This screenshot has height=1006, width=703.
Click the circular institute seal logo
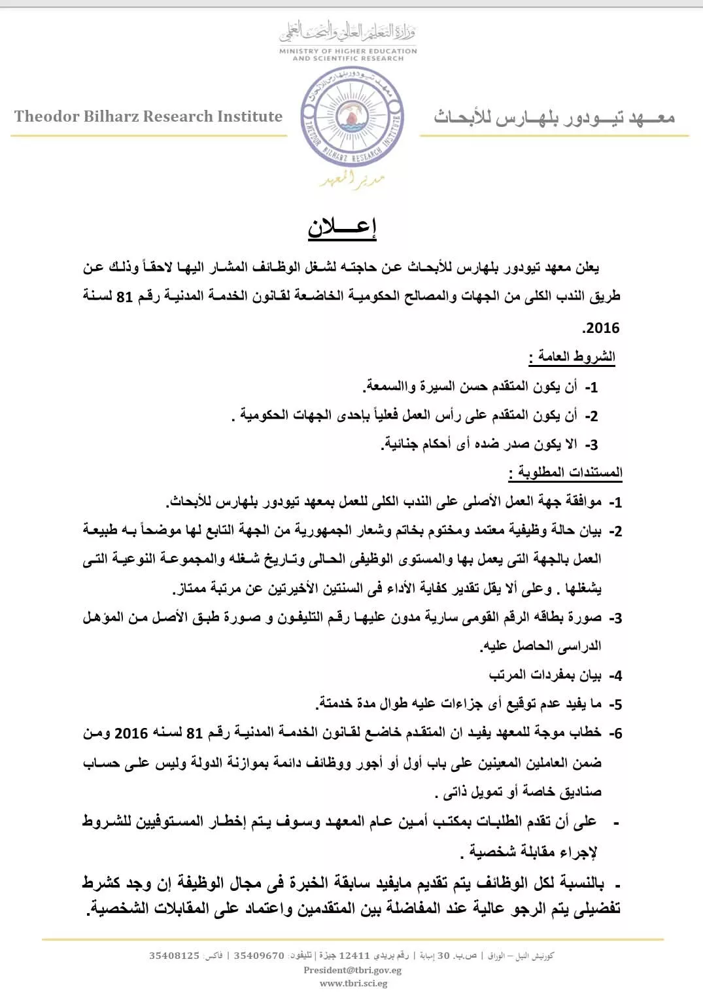pos(352,117)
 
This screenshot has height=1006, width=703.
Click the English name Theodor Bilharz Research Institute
pos(148,116)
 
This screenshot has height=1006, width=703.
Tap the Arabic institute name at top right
pos(554,117)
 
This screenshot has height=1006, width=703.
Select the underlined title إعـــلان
pos(342,227)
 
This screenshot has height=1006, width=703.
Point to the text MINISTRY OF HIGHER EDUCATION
pos(348,50)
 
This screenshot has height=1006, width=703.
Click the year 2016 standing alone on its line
pos(601,328)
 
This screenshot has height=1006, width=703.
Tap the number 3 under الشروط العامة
pos(591,445)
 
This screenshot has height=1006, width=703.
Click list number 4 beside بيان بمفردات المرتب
pos(615,676)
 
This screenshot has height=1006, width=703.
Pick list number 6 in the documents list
pos(615,733)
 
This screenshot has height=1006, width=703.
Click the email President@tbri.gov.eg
pos(352,970)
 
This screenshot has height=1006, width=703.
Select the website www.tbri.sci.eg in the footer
pos(353,983)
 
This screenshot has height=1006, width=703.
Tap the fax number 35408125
pos(174,956)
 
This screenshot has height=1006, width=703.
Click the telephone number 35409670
pos(259,956)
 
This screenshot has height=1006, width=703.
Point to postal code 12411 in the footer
pos(354,956)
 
